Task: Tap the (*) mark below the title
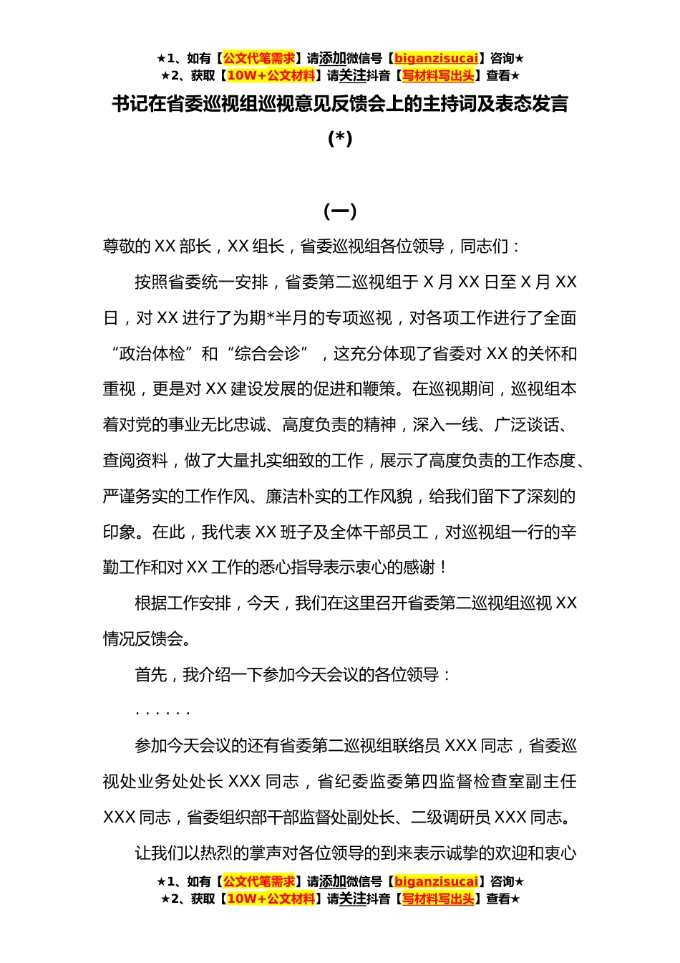[340, 138]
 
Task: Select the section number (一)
[340, 211]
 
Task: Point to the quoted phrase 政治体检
[152, 354]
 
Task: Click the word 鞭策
[379, 389]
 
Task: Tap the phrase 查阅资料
[135, 461]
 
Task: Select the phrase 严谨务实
[135, 497]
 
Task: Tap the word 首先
[151, 675]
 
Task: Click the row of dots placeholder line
[162, 712]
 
